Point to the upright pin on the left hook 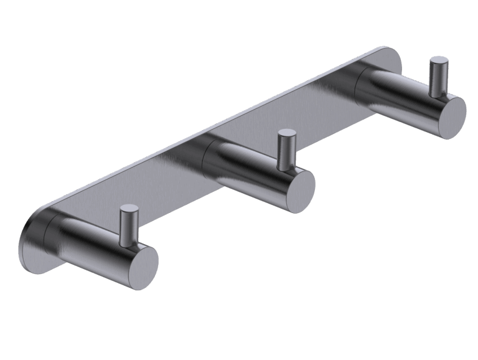129,224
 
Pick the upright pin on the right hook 439,77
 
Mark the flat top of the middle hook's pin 287,133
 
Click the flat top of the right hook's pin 439,61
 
